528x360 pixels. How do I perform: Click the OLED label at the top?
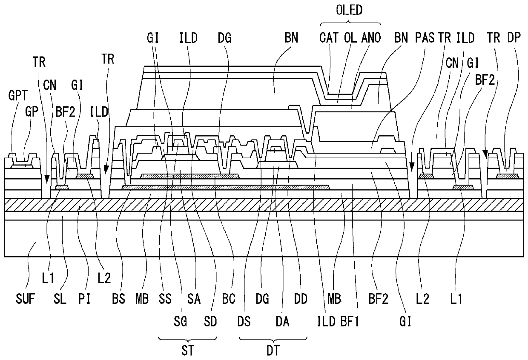coord(349,10)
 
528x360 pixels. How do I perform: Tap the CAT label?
coord(329,38)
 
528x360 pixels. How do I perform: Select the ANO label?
coord(371,38)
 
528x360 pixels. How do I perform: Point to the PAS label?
coord(425,38)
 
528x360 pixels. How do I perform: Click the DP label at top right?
coord(514,38)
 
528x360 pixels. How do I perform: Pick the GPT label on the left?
coord(18,95)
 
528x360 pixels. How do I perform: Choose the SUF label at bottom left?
coord(25,299)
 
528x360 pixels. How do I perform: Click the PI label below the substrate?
coord(84,299)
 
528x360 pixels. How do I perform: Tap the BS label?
coord(118,299)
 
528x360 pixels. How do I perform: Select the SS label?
coord(165,299)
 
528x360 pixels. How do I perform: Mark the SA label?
coord(194,299)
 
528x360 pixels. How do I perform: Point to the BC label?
coord(229,299)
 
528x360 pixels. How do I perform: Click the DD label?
coord(301,299)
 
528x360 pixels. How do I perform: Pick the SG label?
coord(180,321)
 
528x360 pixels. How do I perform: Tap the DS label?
coord(244,321)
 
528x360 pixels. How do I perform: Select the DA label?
coord(282,321)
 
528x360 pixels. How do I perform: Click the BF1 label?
coord(350,321)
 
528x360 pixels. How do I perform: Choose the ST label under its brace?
coord(188,350)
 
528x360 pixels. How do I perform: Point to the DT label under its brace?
coord(273,350)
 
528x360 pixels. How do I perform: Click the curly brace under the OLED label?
coord(350,23)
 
